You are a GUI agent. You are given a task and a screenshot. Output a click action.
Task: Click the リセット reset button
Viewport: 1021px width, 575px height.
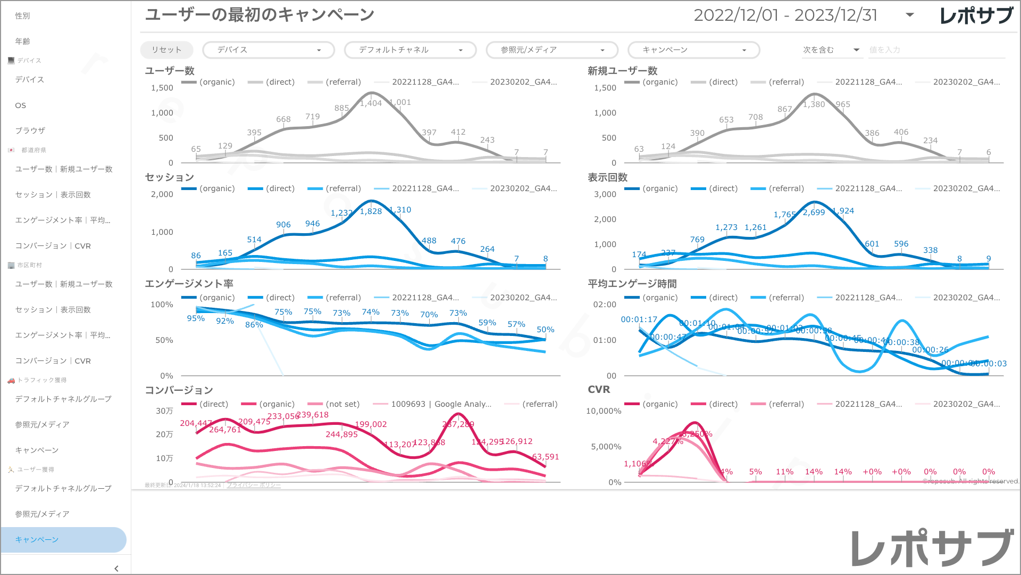click(x=166, y=50)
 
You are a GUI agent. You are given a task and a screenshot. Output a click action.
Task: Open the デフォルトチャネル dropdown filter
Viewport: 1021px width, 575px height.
click(x=411, y=50)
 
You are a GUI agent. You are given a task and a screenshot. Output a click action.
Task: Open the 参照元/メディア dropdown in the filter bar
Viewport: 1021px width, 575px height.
click(x=552, y=50)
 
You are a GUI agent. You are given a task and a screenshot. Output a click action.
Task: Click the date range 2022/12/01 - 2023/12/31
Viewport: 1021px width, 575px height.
click(x=785, y=15)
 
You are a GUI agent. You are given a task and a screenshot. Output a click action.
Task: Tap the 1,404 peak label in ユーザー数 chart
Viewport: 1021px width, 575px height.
click(x=371, y=103)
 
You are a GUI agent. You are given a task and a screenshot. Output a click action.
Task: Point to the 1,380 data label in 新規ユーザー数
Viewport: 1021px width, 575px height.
click(x=814, y=104)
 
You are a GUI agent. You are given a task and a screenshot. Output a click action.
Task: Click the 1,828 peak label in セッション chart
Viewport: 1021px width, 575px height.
click(x=371, y=211)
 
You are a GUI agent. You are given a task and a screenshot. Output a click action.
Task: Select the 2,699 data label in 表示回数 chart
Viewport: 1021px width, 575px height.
click(x=814, y=212)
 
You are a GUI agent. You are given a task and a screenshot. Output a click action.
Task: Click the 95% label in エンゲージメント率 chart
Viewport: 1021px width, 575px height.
click(x=196, y=318)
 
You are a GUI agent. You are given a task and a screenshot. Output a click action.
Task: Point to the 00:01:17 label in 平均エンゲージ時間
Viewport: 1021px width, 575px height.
click(x=639, y=319)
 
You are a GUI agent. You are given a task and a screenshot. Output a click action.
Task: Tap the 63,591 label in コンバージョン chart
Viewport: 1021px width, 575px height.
click(x=545, y=457)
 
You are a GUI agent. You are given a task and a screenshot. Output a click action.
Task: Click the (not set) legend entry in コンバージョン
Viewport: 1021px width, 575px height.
click(x=342, y=404)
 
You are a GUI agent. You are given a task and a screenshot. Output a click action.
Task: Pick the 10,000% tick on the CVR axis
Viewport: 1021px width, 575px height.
click(x=604, y=411)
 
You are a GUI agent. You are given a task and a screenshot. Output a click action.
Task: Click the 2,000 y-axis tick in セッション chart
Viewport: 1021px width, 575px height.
click(x=162, y=194)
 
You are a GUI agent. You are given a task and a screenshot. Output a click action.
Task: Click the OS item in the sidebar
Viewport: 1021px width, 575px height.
click(x=21, y=105)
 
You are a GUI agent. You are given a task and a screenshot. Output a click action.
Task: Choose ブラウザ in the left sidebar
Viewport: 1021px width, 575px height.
click(x=30, y=131)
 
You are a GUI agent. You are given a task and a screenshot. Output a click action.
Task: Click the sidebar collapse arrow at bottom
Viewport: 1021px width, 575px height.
click(x=116, y=569)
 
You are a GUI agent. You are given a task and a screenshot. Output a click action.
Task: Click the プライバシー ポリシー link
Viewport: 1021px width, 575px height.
click(x=254, y=485)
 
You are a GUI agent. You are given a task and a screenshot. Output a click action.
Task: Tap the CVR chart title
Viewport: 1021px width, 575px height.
click(x=599, y=390)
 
